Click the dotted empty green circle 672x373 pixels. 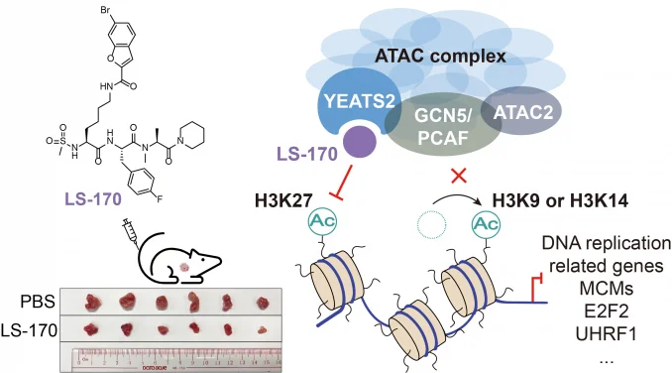click(426, 225)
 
